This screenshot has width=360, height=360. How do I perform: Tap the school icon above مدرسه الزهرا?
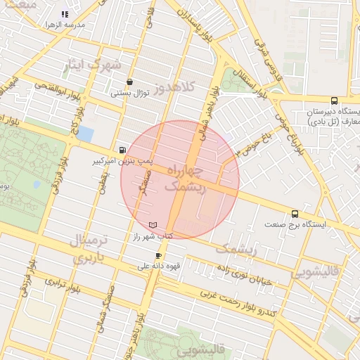coord(65,13)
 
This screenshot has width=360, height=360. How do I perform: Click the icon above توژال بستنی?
coord(130,82)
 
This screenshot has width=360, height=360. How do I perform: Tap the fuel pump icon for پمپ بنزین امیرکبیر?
coord(124,150)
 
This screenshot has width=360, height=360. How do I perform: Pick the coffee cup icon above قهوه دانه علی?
coord(158,255)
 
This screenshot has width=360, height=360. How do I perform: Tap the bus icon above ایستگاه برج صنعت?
coord(295,214)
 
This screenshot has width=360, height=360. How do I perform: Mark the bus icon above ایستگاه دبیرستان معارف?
coord(334,100)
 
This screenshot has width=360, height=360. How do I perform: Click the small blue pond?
coord(85,134)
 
